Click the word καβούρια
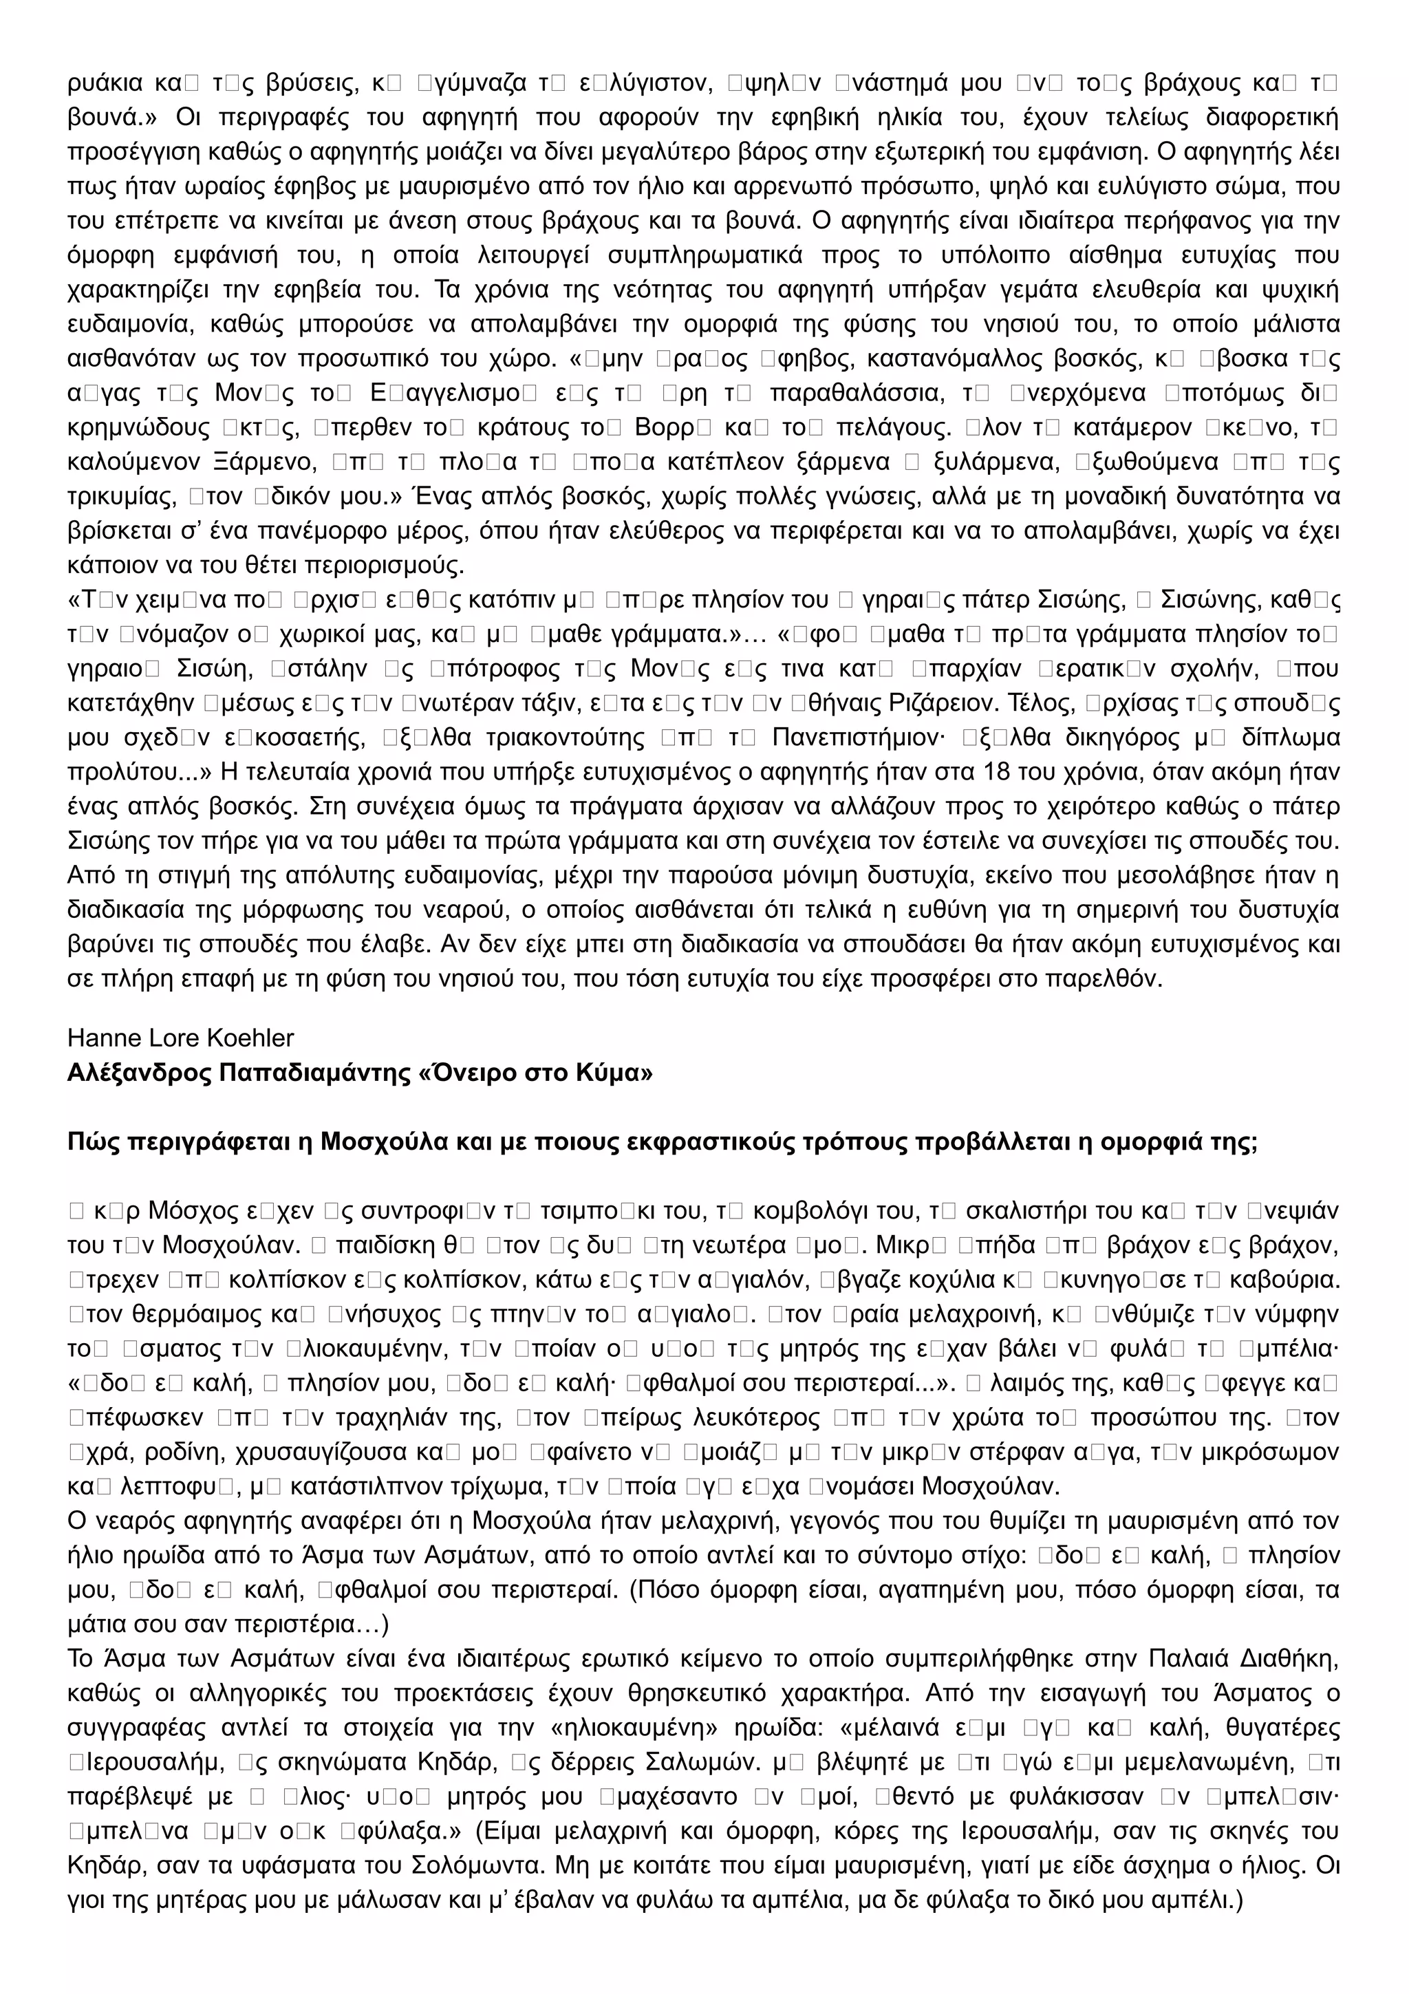1286,1279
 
